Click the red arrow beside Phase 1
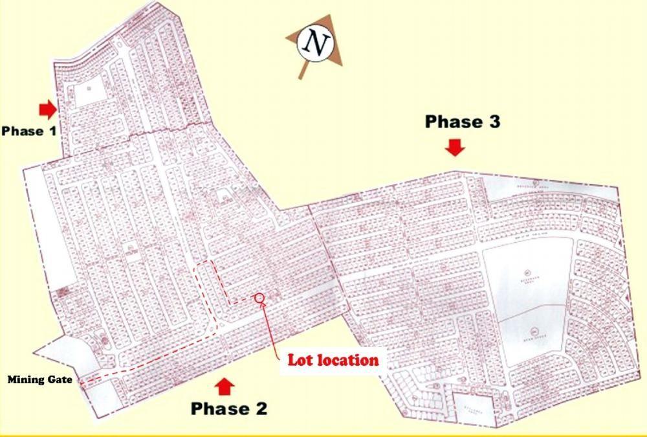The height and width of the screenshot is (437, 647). (x=47, y=109)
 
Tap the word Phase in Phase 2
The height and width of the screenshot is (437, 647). (x=219, y=409)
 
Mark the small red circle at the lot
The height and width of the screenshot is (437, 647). (x=260, y=298)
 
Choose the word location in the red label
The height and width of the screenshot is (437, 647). (x=347, y=360)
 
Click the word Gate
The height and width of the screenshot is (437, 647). (x=61, y=380)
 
